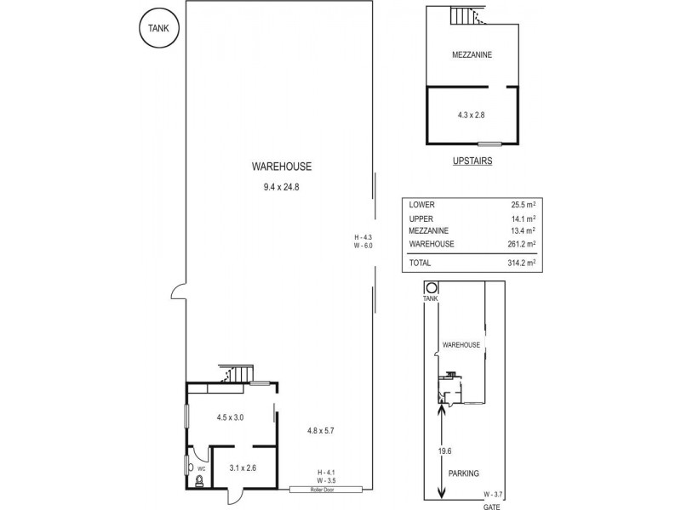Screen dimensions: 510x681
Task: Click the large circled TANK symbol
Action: pos(157,29)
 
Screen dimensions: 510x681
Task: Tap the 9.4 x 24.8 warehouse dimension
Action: pos(282,186)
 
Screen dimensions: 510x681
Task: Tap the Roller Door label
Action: pos(325,490)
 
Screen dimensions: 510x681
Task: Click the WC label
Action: pos(203,467)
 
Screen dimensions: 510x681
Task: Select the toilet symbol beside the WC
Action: pos(200,481)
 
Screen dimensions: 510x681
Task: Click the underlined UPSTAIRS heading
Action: pos(472,160)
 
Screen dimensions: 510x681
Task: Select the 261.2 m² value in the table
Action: pos(521,244)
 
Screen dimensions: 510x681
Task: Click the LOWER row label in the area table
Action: pos(421,205)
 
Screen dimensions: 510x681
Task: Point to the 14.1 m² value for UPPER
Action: pos(524,218)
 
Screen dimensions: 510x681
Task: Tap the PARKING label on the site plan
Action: pos(466,473)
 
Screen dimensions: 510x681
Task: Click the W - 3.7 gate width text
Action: pos(494,493)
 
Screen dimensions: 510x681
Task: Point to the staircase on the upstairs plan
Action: pos(461,15)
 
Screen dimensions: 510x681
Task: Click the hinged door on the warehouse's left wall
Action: pos(178,292)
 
